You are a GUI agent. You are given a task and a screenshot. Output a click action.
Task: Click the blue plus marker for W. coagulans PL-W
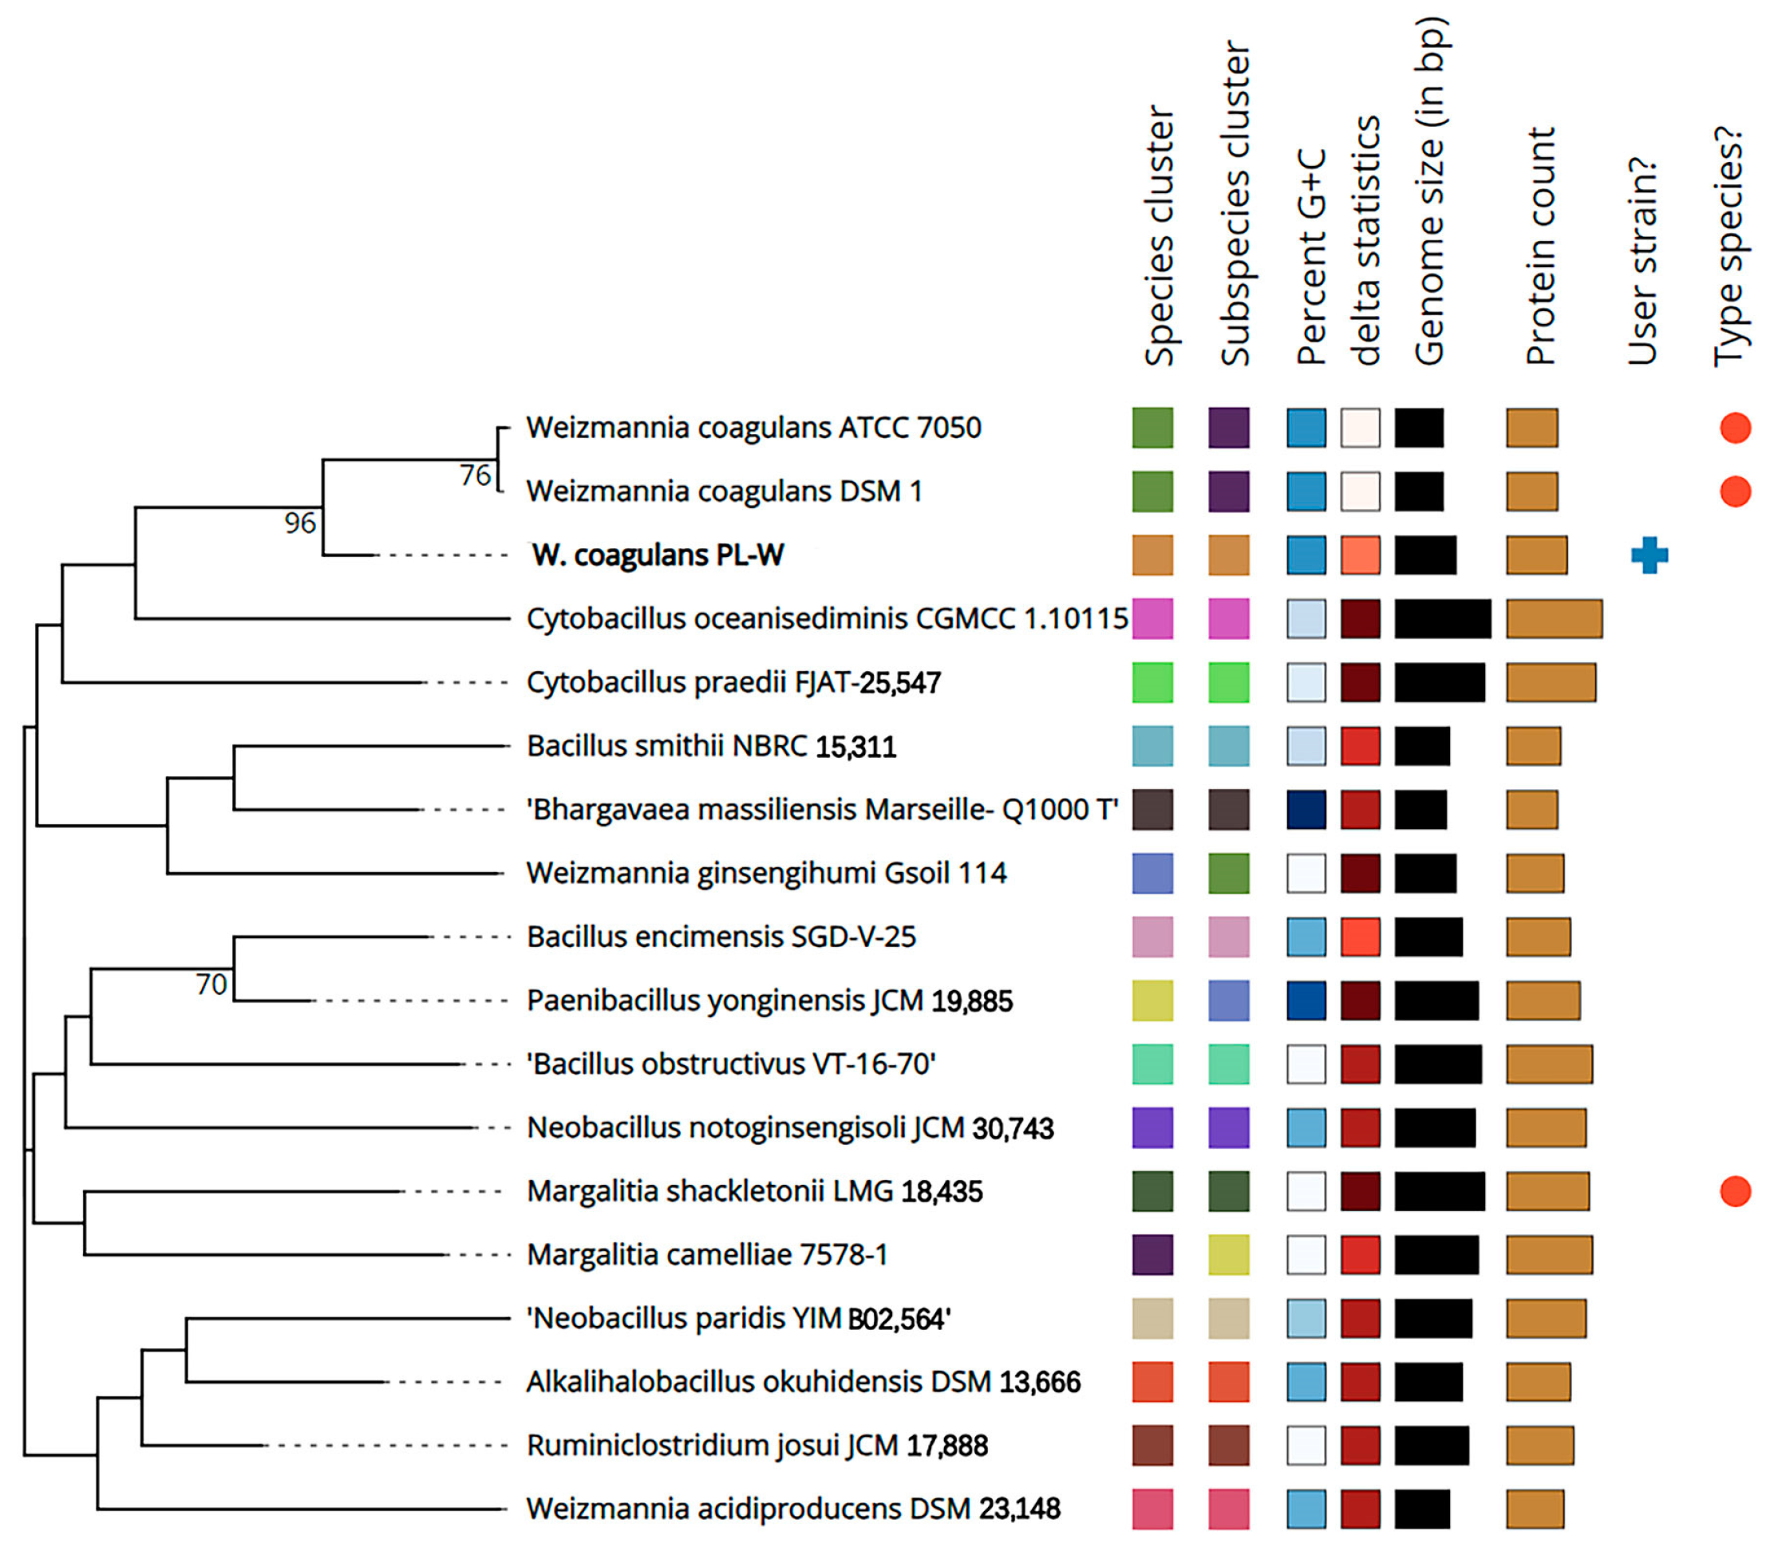tap(1650, 555)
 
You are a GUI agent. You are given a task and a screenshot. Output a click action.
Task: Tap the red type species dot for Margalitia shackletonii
tap(1735, 1191)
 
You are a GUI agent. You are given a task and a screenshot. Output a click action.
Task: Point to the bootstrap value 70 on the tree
tap(211, 985)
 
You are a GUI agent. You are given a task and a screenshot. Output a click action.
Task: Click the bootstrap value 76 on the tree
tap(475, 475)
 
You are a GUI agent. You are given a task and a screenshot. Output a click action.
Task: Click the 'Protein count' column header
tap(1539, 246)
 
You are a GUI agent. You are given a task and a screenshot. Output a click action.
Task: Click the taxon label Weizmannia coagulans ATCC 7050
tap(753, 428)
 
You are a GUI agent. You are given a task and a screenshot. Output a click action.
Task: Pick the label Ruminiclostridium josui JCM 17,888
tap(757, 1445)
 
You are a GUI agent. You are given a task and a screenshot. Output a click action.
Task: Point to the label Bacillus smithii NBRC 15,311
tap(711, 746)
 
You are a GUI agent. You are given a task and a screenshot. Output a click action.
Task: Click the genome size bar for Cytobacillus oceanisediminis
tap(1442, 619)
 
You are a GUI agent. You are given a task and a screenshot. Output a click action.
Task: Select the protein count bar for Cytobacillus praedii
tap(1551, 683)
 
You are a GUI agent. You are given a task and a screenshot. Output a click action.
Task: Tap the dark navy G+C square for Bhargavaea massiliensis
tap(1306, 810)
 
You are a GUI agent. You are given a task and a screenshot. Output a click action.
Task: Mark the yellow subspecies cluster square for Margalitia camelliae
tap(1229, 1254)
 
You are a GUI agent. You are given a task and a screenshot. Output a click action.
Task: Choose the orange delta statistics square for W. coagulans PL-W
tap(1360, 555)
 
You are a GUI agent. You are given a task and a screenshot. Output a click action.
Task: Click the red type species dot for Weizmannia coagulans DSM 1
tap(1735, 491)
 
